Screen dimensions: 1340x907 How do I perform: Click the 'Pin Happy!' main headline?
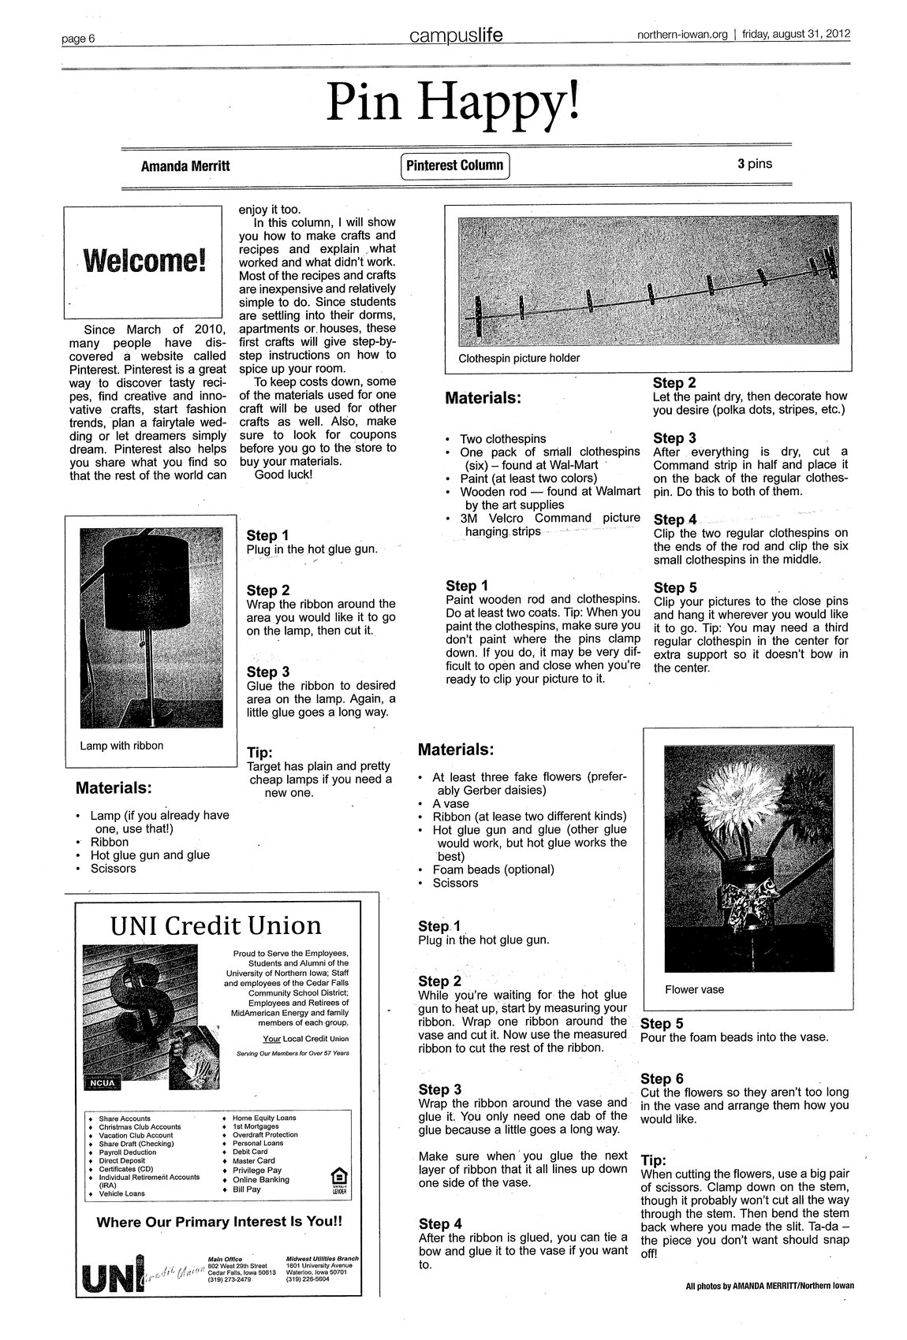453,103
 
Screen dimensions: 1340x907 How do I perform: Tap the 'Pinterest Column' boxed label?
455,166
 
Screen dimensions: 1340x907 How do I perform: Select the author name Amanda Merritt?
185,166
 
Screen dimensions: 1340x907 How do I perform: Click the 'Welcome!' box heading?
143,259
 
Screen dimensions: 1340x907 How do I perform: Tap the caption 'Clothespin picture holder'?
519,358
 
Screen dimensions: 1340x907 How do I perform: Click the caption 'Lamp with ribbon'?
121,745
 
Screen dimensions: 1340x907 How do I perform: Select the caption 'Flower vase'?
694,989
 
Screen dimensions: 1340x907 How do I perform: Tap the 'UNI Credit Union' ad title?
215,925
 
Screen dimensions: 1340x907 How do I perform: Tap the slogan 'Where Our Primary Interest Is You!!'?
219,1222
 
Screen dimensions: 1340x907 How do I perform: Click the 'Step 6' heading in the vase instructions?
661,1078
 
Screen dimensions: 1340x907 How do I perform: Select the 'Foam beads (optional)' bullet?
493,869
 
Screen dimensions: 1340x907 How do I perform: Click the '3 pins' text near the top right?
755,164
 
